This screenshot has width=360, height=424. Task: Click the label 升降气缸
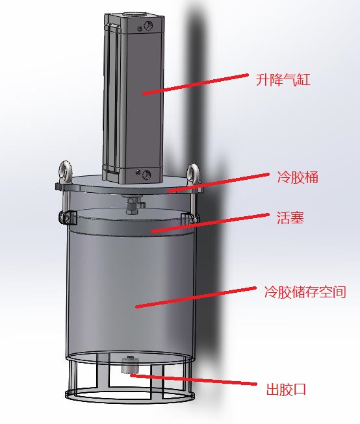(x=283, y=80)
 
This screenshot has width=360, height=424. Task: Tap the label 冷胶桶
(x=298, y=177)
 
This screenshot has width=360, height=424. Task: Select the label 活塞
(x=290, y=218)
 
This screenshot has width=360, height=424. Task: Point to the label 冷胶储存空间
(x=305, y=292)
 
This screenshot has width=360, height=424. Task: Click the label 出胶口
(x=286, y=390)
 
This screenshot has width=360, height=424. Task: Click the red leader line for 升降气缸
(x=196, y=84)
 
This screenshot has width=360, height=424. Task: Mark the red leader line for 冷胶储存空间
(x=196, y=297)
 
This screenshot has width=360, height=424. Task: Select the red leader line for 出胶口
(x=193, y=379)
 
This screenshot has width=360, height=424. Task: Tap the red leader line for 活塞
(x=210, y=223)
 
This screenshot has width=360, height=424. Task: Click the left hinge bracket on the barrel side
(x=66, y=218)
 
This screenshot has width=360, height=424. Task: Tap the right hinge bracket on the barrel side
(x=189, y=218)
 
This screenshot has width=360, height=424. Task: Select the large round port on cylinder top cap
(x=148, y=26)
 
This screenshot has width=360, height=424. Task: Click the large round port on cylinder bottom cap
(x=146, y=174)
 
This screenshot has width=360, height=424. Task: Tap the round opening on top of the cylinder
(x=133, y=14)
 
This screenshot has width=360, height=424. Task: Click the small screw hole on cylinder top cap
(x=140, y=28)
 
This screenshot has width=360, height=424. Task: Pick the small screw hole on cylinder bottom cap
(x=138, y=172)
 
